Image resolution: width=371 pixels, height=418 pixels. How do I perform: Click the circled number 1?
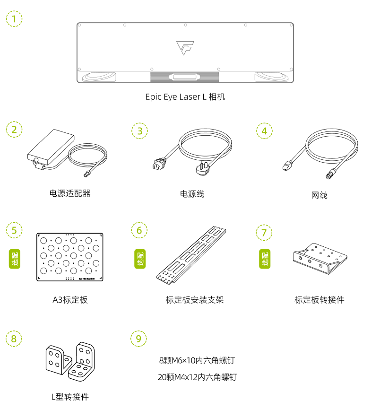tap(14, 19)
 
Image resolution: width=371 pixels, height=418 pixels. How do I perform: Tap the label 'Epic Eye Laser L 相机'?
tap(185, 97)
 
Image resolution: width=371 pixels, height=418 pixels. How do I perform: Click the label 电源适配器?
tap(69, 193)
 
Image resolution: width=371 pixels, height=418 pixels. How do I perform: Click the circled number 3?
tap(139, 131)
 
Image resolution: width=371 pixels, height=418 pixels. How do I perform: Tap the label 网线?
tap(319, 195)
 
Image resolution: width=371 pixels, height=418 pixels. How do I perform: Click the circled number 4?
tap(264, 131)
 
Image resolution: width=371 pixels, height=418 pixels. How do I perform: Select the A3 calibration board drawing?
tap(70, 257)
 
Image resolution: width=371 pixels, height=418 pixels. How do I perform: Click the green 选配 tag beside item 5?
tap(15, 258)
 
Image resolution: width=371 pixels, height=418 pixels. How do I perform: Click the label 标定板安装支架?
tap(195, 300)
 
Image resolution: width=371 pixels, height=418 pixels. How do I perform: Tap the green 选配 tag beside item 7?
tap(265, 258)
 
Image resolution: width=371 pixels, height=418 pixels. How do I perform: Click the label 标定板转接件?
tap(319, 300)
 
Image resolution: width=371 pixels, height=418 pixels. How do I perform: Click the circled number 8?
tap(14, 339)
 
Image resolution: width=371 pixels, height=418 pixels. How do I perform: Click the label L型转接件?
tap(70, 397)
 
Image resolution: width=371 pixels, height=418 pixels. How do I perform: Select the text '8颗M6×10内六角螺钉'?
tap(197, 360)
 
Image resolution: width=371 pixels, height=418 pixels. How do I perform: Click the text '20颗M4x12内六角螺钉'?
tap(197, 377)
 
